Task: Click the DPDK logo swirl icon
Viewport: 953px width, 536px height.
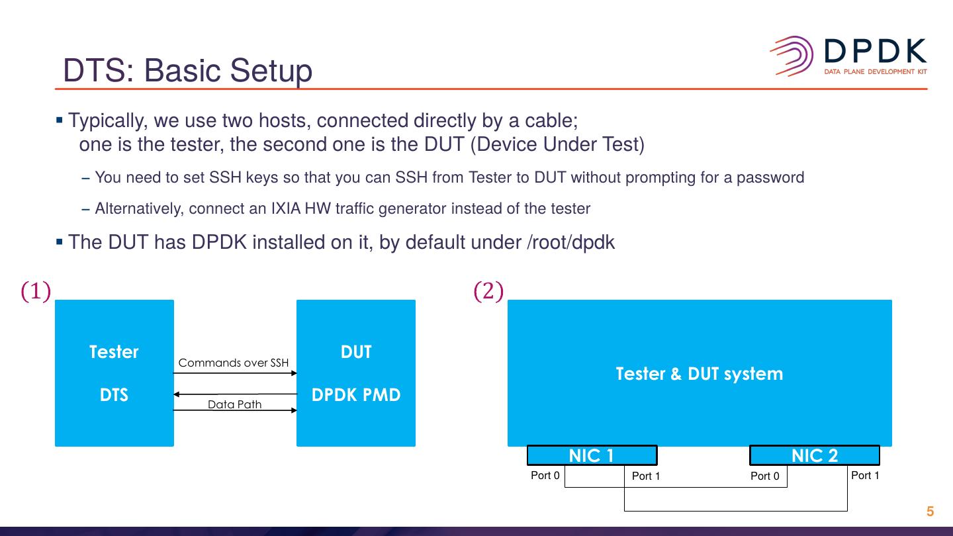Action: click(792, 56)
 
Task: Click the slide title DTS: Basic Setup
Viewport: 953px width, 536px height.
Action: click(187, 71)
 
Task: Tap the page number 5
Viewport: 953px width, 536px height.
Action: click(930, 512)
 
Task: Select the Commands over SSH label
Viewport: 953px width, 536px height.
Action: click(234, 363)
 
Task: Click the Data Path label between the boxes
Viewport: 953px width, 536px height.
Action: click(234, 404)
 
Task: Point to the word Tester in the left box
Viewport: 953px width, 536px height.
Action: click(114, 351)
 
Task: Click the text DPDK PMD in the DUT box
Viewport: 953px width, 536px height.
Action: click(356, 395)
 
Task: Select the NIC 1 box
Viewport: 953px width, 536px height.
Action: click(592, 455)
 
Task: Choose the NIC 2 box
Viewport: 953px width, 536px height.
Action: click(814, 455)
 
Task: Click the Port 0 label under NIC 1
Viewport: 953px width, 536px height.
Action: click(545, 475)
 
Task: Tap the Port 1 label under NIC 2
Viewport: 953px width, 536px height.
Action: click(865, 475)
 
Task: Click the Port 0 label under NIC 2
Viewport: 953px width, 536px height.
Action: click(764, 476)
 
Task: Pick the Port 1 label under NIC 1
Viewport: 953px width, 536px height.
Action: click(646, 476)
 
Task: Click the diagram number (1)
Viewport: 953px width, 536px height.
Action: click(36, 291)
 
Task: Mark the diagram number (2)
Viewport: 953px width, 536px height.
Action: click(488, 291)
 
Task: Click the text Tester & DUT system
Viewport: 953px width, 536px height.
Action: click(699, 374)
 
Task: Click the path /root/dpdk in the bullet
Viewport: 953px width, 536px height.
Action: click(570, 242)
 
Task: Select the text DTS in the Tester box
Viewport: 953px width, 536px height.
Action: click(114, 395)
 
